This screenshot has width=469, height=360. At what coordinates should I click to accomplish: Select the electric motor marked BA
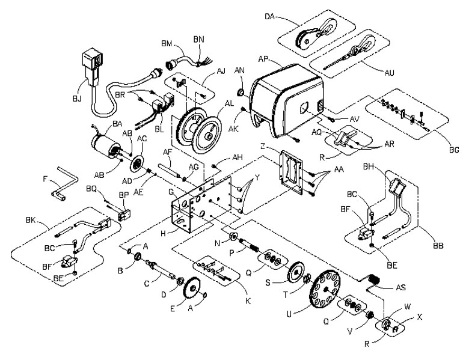(x=106, y=145)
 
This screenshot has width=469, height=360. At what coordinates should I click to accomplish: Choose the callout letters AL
(x=229, y=103)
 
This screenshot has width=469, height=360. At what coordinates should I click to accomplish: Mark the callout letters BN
(x=198, y=39)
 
